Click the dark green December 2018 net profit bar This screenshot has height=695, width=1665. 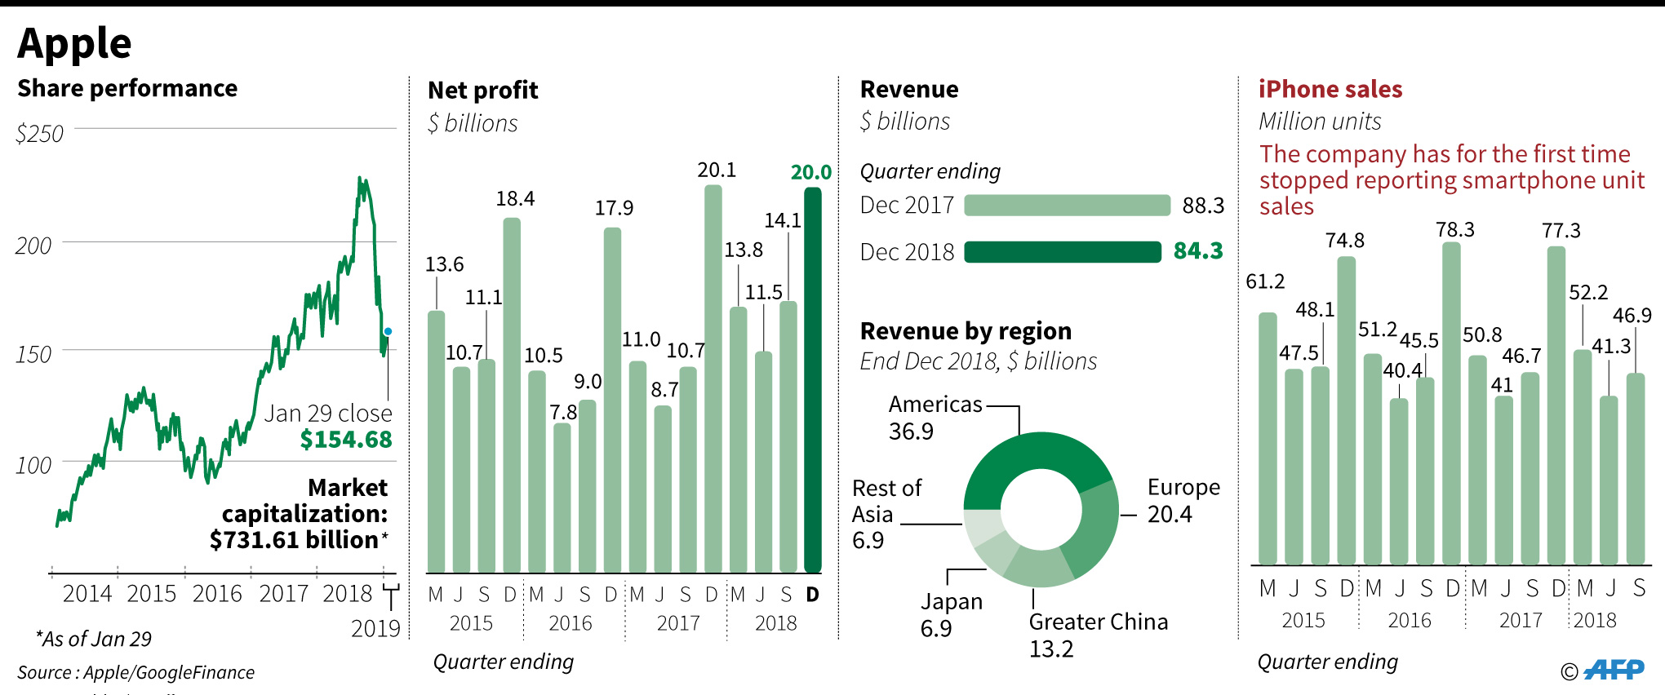(x=813, y=379)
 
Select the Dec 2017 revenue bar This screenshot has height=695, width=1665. (x=1067, y=206)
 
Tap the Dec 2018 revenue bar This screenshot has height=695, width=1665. (x=1062, y=252)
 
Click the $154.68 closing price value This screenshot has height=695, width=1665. (x=346, y=440)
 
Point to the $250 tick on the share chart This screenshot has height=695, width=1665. (x=39, y=133)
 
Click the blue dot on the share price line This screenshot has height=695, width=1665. (x=388, y=331)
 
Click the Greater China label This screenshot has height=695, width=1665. (x=1098, y=622)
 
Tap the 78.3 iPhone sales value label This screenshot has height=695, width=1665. (x=1455, y=230)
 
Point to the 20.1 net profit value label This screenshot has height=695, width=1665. (x=717, y=170)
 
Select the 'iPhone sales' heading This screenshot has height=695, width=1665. (x=1330, y=89)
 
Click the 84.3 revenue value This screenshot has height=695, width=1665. (x=1198, y=251)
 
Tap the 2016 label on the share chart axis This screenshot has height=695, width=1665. (x=217, y=594)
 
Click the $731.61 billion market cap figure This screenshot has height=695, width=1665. (x=294, y=540)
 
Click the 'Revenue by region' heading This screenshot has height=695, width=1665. (x=966, y=331)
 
